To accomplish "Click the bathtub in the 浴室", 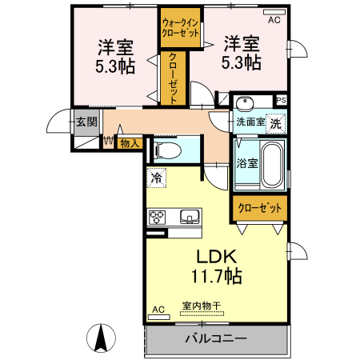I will coord(272,164).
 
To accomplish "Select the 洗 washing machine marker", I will coord(274,123).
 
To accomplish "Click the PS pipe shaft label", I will coord(280,100).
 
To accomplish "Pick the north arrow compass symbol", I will coord(102,337).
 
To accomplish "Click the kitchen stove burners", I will coord(157,216).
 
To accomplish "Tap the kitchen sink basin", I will coord(190,216).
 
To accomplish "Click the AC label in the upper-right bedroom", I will coord(274,19).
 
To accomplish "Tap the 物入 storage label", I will coord(130,144).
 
